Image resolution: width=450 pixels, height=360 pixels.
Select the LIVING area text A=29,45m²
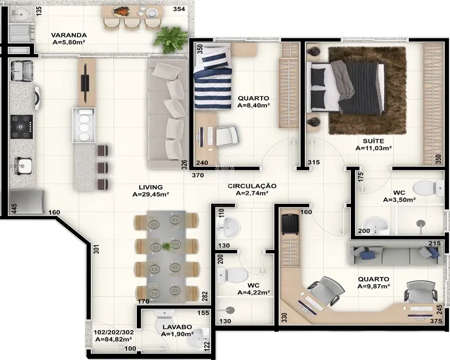click(x=151, y=195)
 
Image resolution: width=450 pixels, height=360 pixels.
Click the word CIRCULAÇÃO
click(x=252, y=186)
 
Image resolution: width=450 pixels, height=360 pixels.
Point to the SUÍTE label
click(x=374, y=141)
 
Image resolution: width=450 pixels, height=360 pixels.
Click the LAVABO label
click(x=177, y=327)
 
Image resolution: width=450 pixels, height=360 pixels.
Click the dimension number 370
click(x=198, y=176)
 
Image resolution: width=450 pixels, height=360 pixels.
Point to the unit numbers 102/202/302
click(x=113, y=332)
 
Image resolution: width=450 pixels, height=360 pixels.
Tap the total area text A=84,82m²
click(x=113, y=340)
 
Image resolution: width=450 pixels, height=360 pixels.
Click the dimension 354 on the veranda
click(x=178, y=9)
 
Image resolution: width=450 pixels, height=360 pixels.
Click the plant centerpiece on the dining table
click(x=167, y=246)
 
